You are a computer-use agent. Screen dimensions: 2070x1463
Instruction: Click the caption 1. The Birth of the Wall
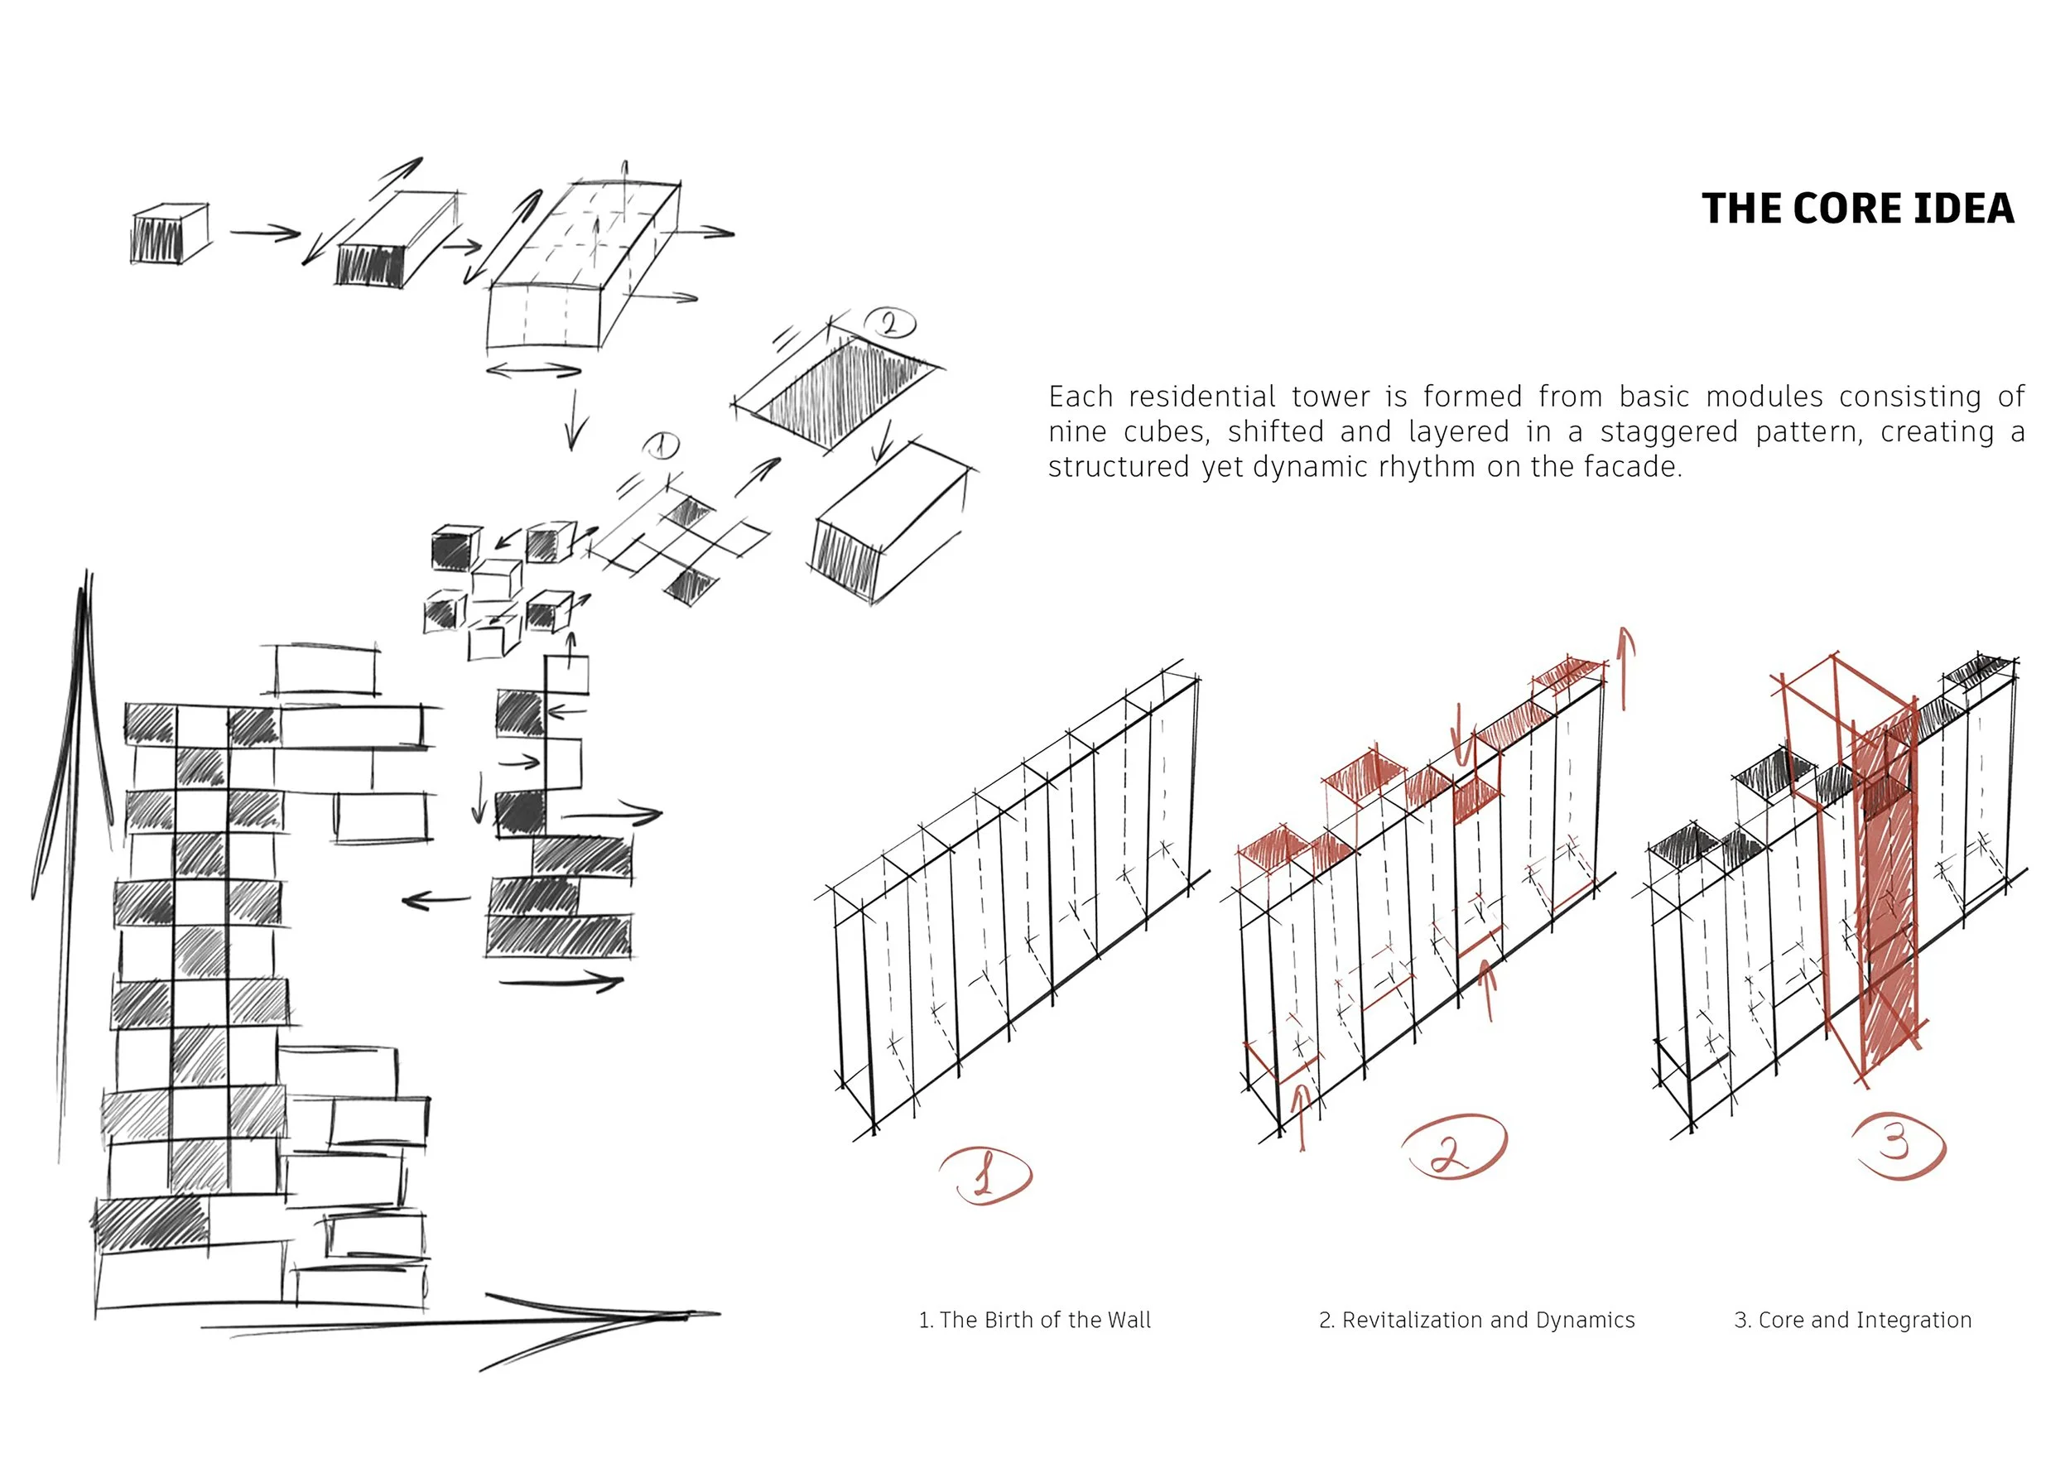pyautogui.click(x=1034, y=1320)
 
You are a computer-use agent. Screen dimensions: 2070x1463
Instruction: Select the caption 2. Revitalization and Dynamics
pyautogui.click(x=1475, y=1320)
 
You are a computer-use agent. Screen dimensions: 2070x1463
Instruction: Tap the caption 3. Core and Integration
pyautogui.click(x=1851, y=1320)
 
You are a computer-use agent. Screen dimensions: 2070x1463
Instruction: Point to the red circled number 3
pyautogui.click(x=1898, y=1145)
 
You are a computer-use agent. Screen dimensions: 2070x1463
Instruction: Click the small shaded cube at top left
pyautogui.click(x=169, y=233)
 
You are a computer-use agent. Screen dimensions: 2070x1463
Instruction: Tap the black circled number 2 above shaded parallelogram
pyautogui.click(x=889, y=323)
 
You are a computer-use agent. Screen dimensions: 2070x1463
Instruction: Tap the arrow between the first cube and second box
pyautogui.click(x=264, y=233)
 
